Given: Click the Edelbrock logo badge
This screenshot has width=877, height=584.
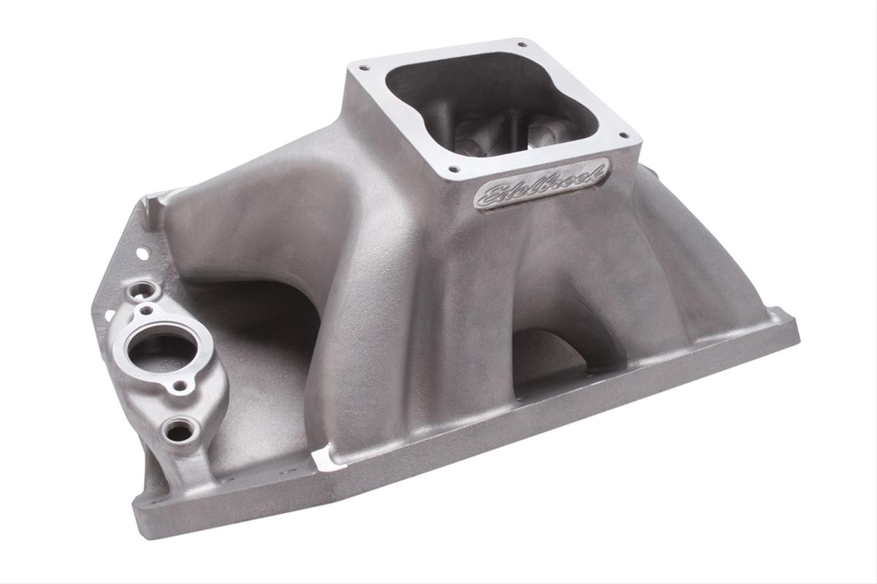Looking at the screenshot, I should coord(542,182).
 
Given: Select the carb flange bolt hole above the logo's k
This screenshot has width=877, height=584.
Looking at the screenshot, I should coord(623,134).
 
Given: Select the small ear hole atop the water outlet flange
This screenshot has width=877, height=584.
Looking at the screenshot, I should coord(148,310).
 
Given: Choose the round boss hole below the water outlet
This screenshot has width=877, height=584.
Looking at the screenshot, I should coord(179,430).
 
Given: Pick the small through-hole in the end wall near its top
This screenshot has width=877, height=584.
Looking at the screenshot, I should coord(143,252).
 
